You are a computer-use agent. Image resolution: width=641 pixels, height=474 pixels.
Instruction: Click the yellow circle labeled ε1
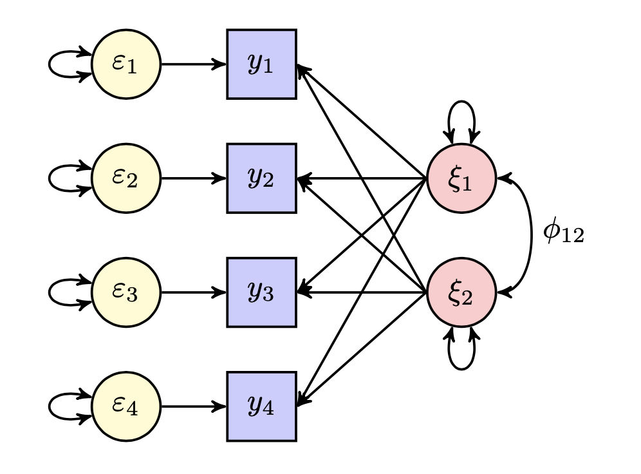pyautogui.click(x=126, y=64)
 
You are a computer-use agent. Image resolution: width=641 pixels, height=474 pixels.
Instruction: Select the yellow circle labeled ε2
pyautogui.click(x=126, y=178)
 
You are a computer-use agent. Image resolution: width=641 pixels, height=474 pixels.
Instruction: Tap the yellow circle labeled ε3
pyautogui.click(x=126, y=292)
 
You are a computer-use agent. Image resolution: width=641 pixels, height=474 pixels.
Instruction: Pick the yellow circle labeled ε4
pyautogui.click(x=126, y=406)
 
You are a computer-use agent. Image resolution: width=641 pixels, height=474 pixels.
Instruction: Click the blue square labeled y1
pyautogui.click(x=261, y=64)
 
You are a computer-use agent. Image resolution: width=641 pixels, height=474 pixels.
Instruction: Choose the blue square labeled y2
pyautogui.click(x=261, y=178)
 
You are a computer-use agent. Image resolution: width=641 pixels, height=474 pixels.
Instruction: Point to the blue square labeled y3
pyautogui.click(x=261, y=292)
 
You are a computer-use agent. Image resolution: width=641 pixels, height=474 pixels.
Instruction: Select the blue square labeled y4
pyautogui.click(x=261, y=406)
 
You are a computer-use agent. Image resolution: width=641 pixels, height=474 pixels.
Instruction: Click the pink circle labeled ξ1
pyautogui.click(x=461, y=178)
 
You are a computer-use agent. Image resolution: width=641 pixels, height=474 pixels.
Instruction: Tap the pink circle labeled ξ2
pyautogui.click(x=461, y=292)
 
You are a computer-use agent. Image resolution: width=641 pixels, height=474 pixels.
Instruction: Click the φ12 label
pyautogui.click(x=563, y=233)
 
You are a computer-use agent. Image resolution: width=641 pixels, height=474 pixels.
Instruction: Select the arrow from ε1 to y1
pyautogui.click(x=193, y=64)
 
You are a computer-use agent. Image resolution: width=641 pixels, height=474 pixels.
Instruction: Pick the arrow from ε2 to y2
pyautogui.click(x=193, y=178)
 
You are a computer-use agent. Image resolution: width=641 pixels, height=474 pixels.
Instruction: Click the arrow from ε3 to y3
pyautogui.click(x=193, y=292)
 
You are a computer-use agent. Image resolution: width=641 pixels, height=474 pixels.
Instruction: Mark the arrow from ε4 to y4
pyautogui.click(x=193, y=406)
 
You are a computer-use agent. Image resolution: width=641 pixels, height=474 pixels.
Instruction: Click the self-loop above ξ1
pyautogui.click(x=461, y=103)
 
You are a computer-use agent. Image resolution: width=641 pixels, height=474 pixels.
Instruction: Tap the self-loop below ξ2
pyautogui.click(x=461, y=368)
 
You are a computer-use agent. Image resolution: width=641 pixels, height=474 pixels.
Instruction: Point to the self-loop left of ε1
pyautogui.click(x=51, y=64)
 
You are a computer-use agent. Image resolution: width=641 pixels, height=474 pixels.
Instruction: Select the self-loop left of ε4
pyautogui.click(x=51, y=406)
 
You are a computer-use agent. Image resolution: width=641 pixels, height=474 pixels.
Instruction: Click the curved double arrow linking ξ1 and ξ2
pyautogui.click(x=531, y=235)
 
